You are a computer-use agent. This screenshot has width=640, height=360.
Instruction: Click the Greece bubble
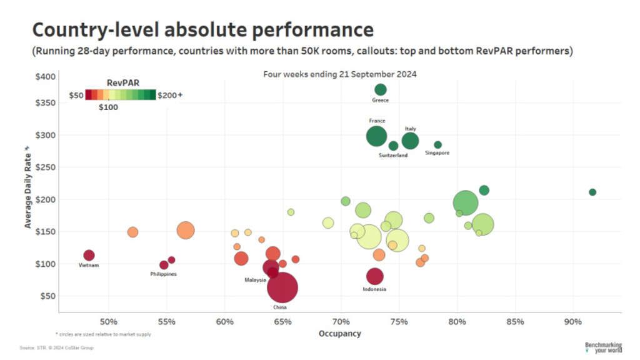[x=380, y=89]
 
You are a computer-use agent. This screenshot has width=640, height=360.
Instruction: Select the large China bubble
[x=282, y=287]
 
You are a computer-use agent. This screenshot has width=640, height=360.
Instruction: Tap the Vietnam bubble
[x=89, y=255]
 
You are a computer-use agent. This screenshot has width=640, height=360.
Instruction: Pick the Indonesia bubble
[x=374, y=276]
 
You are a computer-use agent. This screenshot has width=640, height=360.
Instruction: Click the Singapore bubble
[x=437, y=145]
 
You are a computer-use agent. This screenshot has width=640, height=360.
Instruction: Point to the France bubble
[x=376, y=136]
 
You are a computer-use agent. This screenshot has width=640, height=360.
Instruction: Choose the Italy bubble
[x=410, y=141]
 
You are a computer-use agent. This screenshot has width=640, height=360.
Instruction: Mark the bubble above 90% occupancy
[x=592, y=192]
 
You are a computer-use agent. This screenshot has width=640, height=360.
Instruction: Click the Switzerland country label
[x=393, y=155]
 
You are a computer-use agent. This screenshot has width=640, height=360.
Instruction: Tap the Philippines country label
[x=163, y=274]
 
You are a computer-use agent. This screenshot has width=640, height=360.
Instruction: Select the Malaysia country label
[x=256, y=280]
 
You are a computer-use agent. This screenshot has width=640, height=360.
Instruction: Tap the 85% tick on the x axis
[x=515, y=322]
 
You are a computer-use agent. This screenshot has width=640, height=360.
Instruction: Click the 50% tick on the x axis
[x=109, y=322]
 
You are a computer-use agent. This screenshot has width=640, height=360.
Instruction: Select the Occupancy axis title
[x=340, y=334]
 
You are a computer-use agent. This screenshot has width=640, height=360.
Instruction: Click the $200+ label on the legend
[x=170, y=95]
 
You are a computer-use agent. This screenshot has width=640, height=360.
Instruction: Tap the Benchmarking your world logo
[x=603, y=347]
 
